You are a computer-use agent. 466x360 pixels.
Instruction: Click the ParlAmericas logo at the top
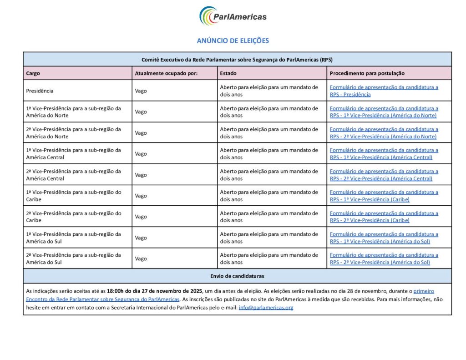click(233, 16)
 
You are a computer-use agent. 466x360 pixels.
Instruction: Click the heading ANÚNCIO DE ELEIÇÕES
click(233, 41)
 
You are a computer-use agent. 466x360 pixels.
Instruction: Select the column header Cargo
click(33, 73)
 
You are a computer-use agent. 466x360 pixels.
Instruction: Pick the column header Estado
click(228, 73)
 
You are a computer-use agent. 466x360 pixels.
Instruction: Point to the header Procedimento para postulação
click(367, 73)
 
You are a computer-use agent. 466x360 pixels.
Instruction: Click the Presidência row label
click(40, 91)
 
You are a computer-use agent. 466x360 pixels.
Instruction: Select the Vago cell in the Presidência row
click(141, 91)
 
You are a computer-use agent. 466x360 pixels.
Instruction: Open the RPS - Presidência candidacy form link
click(384, 91)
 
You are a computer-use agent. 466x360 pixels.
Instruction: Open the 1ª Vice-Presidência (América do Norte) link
click(384, 112)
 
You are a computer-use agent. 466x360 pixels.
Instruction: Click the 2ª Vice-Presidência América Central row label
click(73, 175)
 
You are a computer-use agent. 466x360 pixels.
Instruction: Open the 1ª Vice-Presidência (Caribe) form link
click(384, 196)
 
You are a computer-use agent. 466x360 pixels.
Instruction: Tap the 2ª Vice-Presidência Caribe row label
click(73, 217)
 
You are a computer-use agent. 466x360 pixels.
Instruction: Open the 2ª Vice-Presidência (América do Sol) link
click(384, 259)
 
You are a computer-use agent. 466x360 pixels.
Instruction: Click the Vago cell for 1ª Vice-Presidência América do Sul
click(141, 238)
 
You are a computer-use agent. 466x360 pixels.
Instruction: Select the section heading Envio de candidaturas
click(237, 276)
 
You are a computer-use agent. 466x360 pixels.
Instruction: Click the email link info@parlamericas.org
click(266, 308)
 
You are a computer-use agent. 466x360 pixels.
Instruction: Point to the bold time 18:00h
click(116, 291)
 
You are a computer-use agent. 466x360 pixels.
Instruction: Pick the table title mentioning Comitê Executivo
click(237, 60)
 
